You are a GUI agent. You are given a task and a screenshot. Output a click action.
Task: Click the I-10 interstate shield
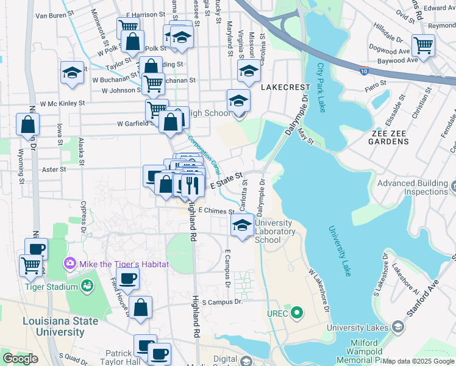364,71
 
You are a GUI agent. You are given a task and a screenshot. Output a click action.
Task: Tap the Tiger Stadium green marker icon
87,285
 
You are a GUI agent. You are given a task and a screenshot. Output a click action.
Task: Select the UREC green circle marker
297,314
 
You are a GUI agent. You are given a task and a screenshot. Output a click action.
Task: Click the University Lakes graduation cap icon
398,328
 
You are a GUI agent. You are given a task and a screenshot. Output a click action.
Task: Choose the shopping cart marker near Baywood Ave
423,45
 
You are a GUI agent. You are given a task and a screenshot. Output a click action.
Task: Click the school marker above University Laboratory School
243,226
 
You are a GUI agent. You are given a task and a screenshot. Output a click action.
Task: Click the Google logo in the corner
20,359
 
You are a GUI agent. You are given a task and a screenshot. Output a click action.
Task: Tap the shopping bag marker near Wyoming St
28,125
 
